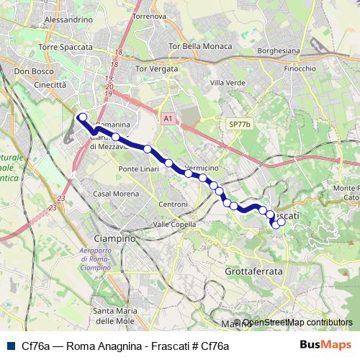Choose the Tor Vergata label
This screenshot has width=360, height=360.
click(156, 69)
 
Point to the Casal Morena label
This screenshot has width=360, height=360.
click(111, 194)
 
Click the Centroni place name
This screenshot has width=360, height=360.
click(173, 204)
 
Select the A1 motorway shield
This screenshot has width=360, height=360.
click(168, 118)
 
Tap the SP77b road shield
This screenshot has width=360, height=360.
click(239, 125)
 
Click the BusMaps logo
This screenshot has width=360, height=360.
click(330, 345)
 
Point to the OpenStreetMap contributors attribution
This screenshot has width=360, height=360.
click(297, 323)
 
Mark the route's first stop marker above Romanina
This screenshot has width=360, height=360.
click(83, 117)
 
